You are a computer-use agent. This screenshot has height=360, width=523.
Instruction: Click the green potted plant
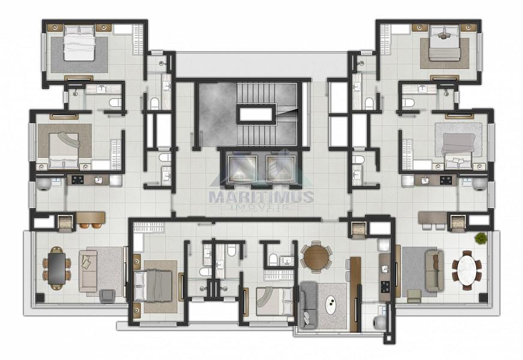[480, 238]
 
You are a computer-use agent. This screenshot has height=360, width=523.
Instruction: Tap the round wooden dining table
[315, 257]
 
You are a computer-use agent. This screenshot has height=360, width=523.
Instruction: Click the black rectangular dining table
[56, 268]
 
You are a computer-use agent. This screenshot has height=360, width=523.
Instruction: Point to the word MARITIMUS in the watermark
[261, 196]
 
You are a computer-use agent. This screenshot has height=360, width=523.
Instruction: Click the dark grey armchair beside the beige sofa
[107, 295]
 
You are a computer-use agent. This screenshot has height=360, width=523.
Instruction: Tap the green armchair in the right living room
[414, 295]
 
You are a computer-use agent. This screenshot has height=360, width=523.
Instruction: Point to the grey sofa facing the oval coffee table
[307, 305]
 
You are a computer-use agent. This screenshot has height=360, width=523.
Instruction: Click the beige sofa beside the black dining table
[88, 271]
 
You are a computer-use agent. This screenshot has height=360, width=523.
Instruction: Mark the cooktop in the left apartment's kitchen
[77, 179]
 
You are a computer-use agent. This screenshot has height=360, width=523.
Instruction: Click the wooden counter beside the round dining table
[355, 294]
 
